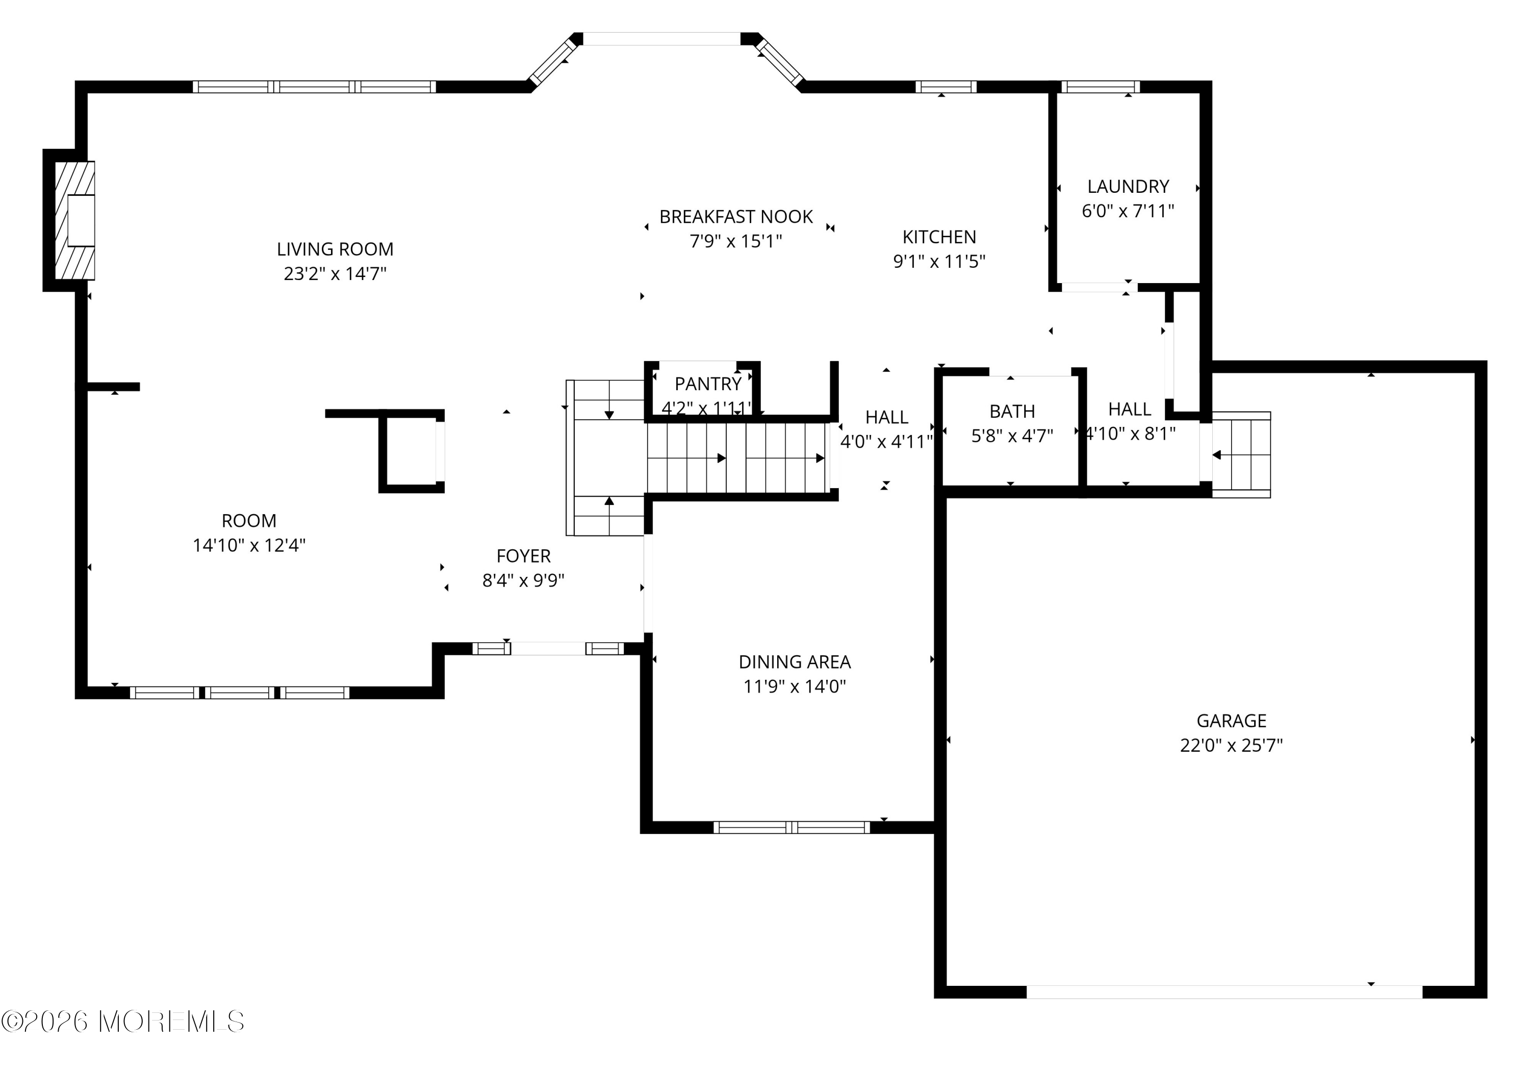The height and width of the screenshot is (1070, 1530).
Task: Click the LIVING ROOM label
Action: coord(335,249)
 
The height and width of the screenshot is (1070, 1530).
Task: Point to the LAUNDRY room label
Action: coord(1128,187)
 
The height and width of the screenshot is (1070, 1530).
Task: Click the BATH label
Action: coord(1011,412)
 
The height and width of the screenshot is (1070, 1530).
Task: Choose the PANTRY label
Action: coord(708,384)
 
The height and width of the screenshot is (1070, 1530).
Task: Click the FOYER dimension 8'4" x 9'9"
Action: coord(523,580)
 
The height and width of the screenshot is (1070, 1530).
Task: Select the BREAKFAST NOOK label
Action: coord(736,217)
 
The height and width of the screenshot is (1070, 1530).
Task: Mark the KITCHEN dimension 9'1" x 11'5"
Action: coord(939,261)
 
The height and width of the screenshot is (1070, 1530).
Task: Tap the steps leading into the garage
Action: coord(1241,455)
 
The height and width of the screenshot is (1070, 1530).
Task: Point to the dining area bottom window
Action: coord(792,827)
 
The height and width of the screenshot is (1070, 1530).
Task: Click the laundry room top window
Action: coord(1100,87)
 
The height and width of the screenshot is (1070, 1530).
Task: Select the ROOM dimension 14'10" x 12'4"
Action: coord(248,545)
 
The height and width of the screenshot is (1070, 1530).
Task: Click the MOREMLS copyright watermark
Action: coord(123,1022)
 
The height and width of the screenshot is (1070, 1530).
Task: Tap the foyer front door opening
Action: coord(548,648)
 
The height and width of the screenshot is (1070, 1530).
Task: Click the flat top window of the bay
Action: coord(661,39)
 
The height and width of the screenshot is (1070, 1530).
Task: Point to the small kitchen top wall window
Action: coord(946,87)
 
